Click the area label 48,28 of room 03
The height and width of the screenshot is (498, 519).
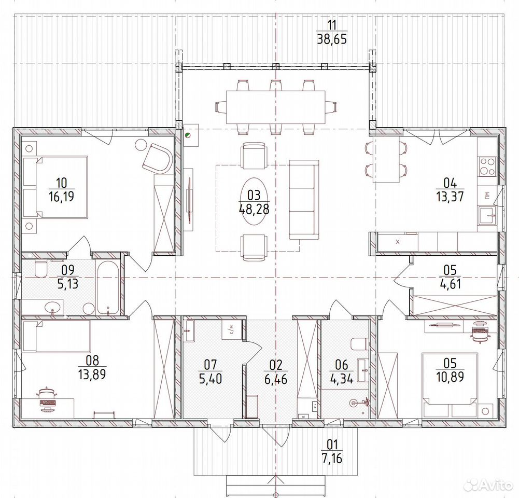254,209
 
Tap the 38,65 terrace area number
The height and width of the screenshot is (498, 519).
332,39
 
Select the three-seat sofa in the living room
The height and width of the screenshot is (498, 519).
304,200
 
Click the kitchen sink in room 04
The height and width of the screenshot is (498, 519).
487,216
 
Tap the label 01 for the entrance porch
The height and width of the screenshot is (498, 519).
332,444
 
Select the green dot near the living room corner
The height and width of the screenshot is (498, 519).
187,135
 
